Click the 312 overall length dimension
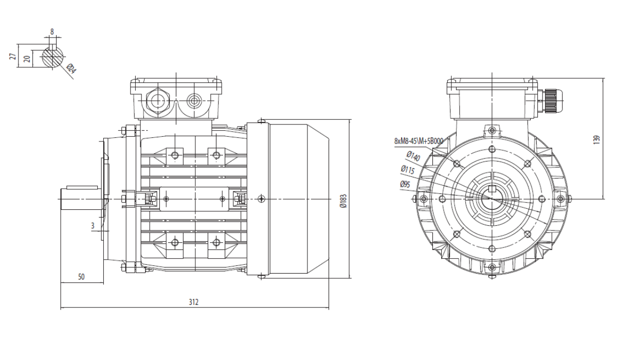tap(193, 302)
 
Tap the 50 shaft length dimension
tap(81, 277)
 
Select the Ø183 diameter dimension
tap(343, 201)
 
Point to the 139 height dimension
tap(596, 140)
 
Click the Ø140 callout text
tap(413, 156)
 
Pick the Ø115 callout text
tap(408, 170)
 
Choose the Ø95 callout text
tap(405, 184)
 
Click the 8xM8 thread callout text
tap(419, 141)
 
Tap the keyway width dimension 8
tap(52, 32)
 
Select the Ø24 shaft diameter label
tap(71, 68)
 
